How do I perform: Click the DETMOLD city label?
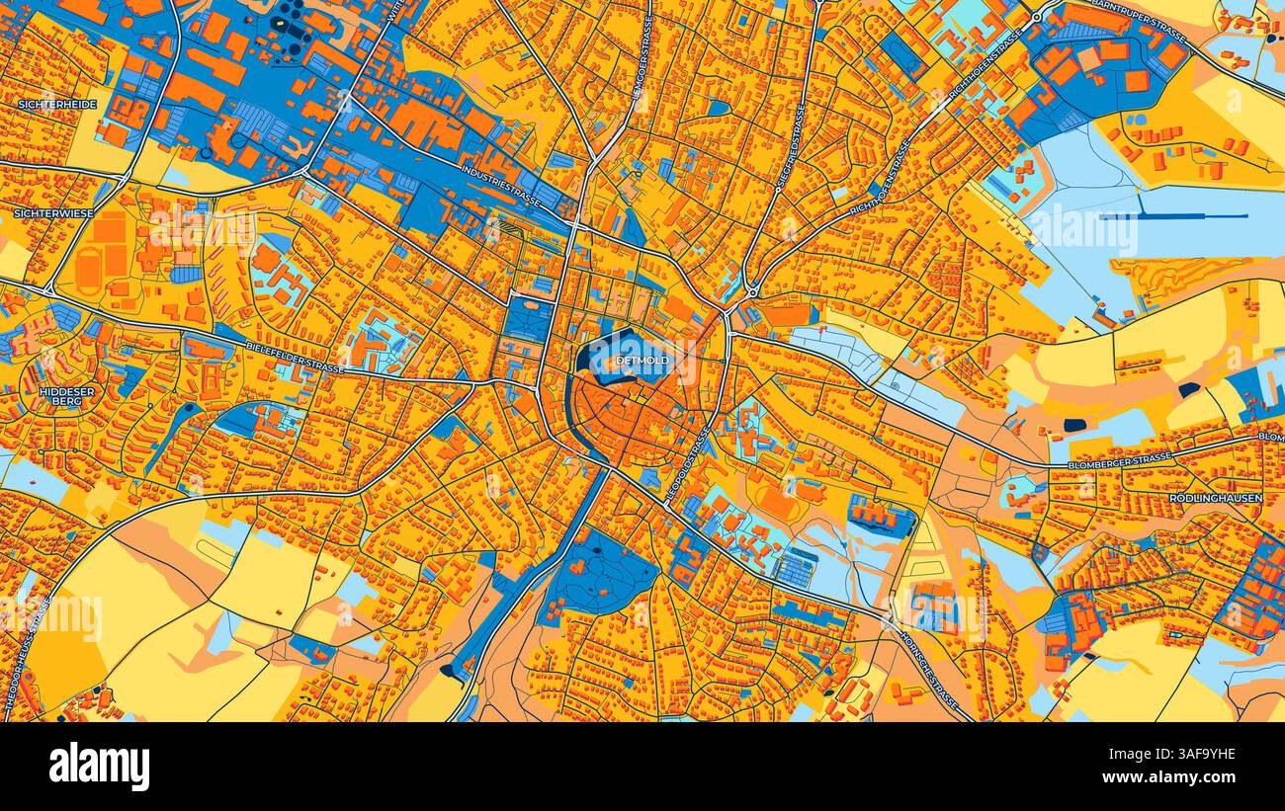[x=642, y=361]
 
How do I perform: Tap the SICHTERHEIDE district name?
[x=56, y=104]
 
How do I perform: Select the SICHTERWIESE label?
[x=54, y=212]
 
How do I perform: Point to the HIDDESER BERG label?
[x=67, y=397]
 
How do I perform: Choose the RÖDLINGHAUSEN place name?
[x=1215, y=499]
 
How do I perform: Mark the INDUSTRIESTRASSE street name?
[x=500, y=186]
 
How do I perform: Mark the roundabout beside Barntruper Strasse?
[x=1036, y=17]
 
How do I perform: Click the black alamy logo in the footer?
[x=99, y=767]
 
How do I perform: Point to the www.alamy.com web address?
[x=1182, y=779]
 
